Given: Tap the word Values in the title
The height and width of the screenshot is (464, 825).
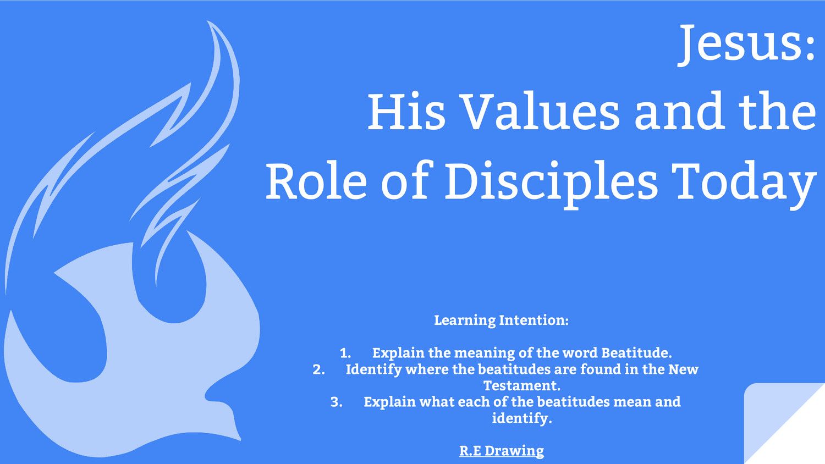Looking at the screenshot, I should click(x=540, y=112).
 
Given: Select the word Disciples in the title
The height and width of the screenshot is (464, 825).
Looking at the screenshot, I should click(x=551, y=182).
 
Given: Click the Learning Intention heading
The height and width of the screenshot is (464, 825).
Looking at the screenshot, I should click(x=501, y=320).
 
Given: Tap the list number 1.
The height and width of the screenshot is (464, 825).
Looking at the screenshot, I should click(x=345, y=353).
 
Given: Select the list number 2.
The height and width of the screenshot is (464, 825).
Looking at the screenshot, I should click(x=318, y=369).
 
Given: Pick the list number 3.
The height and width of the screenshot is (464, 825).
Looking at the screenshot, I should click(x=336, y=402).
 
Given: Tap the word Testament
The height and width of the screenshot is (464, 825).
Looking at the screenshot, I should click(x=521, y=385).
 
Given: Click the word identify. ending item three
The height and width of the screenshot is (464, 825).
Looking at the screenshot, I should click(x=521, y=418).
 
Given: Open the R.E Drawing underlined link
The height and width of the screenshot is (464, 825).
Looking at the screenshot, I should click(x=502, y=451).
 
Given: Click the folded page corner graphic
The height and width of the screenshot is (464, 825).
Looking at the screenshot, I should click(x=781, y=423).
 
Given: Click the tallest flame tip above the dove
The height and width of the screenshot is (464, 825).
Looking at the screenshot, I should click(x=210, y=23).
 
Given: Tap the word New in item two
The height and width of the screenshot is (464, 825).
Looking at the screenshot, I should click(x=683, y=369).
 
